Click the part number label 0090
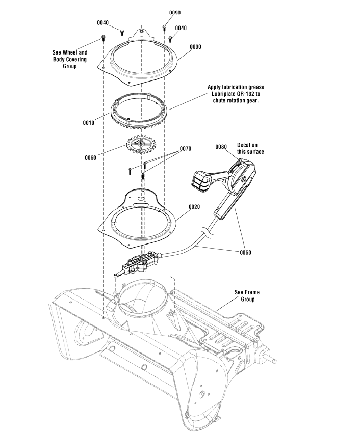pyautogui.click(x=174, y=12)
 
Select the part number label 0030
pyautogui.click(x=195, y=46)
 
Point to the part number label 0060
pyautogui.click(x=91, y=157)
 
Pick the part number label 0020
pyautogui.click(x=194, y=207)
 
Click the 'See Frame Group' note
pyautogui.click(x=247, y=296)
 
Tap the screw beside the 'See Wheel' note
pyautogui.click(x=103, y=38)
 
